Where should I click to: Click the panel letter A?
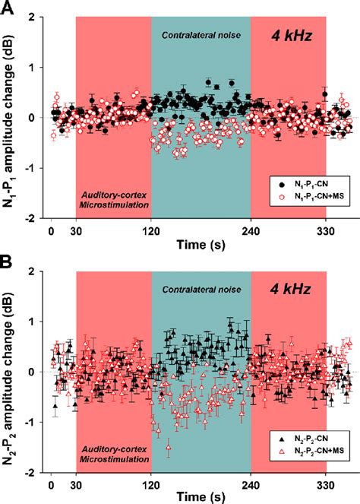7,7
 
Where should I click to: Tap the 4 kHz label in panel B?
297,290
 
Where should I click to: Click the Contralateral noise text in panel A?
201,35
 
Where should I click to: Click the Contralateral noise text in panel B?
201,290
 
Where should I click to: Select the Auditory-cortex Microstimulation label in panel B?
114,455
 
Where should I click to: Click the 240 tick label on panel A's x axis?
250,232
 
